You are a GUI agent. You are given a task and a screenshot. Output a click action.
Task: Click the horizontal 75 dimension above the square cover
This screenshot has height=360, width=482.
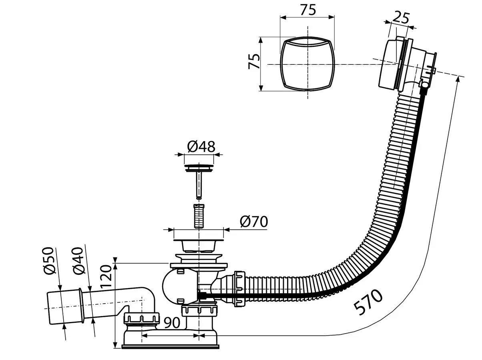pos(308,10)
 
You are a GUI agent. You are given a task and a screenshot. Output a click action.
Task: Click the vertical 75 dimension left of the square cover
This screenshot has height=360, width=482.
pos(254,62)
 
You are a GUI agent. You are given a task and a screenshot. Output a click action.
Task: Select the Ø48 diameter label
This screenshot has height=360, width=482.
pos(201,146)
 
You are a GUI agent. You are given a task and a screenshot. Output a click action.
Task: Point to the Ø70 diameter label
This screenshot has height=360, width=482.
pos(254,222)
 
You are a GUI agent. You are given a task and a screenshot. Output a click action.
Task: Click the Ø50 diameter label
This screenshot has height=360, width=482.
pos(48,261)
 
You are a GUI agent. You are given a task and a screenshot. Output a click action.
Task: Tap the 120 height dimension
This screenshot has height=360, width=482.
pos(106,277)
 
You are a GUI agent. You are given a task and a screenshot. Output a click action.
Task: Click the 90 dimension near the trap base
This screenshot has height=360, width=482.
pos(172,323)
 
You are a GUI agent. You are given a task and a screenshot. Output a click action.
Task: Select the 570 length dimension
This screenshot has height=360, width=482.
pos(368,302)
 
